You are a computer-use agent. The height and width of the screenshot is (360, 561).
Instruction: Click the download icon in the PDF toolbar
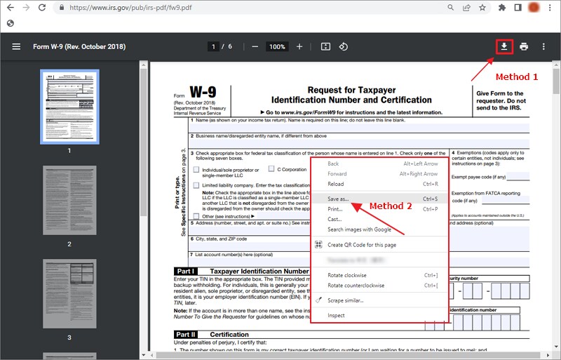coord(503,46)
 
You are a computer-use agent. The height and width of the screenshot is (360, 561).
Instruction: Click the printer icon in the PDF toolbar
coord(524,46)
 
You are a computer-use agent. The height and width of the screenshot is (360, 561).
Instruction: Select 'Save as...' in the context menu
coord(338,199)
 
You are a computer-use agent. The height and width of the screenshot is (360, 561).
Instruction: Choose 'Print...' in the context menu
coord(335,209)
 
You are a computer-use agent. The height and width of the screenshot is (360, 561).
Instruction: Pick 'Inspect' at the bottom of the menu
coord(337,315)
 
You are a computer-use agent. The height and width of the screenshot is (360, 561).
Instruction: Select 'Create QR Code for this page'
coord(361,245)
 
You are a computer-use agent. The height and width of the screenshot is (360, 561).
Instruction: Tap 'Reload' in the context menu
coord(336,184)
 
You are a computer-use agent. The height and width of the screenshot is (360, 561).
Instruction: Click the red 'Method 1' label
coord(516,76)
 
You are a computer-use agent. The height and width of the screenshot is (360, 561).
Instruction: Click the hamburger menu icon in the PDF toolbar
coord(16,46)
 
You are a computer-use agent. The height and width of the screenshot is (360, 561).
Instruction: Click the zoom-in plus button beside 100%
coord(299,46)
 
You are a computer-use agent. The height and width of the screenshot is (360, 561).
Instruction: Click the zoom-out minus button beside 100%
coord(255,46)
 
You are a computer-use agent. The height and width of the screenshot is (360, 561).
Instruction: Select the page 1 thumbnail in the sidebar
coord(69,106)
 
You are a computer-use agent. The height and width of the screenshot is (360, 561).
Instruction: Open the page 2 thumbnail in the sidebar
coord(69,201)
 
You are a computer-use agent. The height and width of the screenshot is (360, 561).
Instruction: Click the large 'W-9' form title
coord(203,93)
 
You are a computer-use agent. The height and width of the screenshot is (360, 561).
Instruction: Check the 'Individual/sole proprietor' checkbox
coord(197,170)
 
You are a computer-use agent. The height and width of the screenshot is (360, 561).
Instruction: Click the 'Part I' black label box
coord(184,271)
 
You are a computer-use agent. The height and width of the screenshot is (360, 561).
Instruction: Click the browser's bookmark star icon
coord(482,8)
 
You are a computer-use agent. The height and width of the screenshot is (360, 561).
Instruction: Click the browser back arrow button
coord(10,8)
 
